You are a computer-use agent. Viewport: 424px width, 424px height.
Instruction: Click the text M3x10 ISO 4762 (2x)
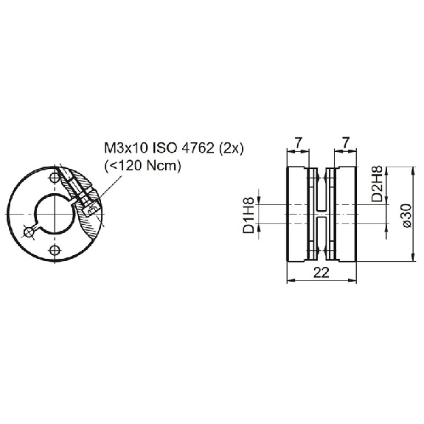pos(174,148)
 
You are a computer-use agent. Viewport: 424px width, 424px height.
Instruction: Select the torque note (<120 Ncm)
pos(142,165)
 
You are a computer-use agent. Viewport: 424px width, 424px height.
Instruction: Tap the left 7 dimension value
pos(297,142)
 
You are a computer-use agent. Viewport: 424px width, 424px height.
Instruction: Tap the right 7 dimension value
pos(346,142)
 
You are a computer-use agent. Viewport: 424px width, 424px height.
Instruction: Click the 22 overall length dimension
pos(322,273)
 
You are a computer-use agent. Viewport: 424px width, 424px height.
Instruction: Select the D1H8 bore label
pos(249,215)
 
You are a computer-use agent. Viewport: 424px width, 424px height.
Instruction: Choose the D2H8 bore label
pos(377,184)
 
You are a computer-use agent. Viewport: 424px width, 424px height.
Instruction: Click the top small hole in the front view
pos(55,177)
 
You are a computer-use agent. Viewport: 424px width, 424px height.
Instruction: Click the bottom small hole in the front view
pos(55,250)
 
